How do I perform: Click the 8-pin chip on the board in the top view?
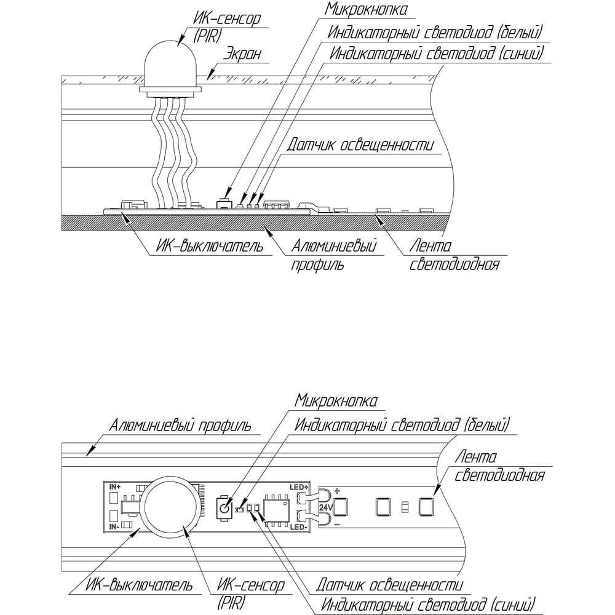(x=274, y=509)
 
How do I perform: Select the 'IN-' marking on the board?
(x=113, y=527)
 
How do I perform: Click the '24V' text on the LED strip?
(x=326, y=507)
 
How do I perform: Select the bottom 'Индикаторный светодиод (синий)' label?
(x=427, y=603)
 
